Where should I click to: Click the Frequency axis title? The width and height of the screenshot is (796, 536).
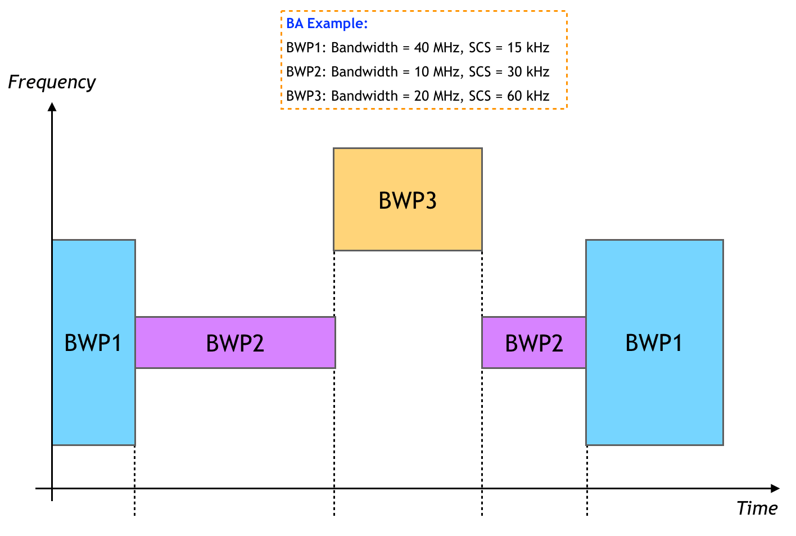coord(52,82)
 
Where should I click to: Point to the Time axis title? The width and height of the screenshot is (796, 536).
coord(757,508)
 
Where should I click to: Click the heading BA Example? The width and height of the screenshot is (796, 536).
coord(327,24)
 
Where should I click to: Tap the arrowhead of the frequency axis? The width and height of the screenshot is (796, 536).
coord(52,107)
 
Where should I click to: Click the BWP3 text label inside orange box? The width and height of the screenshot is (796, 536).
coord(408,201)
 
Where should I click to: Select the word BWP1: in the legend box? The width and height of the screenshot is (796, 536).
coord(306,48)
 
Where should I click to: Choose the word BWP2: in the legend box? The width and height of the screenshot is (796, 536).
coord(306,72)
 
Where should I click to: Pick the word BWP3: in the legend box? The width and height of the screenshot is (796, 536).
coord(306,96)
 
